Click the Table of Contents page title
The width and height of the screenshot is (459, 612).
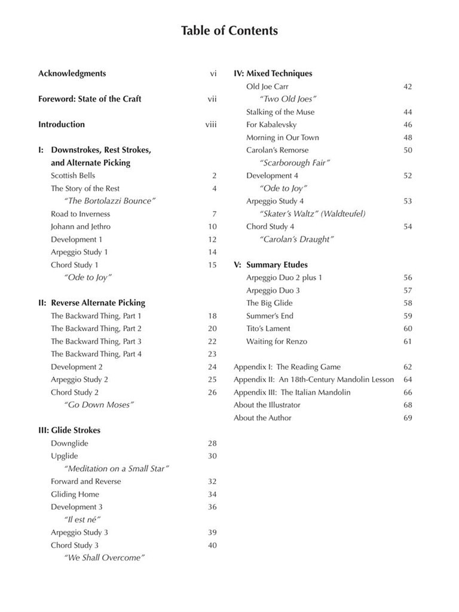[229, 30]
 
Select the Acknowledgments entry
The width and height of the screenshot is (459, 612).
[72, 74]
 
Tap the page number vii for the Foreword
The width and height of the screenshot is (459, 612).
[212, 99]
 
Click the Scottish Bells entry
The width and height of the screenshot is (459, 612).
[73, 176]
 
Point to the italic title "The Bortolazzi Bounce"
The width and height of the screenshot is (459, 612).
[109, 201]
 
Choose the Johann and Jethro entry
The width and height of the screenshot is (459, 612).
[81, 227]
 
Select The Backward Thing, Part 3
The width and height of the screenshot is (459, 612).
[96, 341]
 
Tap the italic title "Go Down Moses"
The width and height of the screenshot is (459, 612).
[99, 405]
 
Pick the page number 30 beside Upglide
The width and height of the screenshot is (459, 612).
[212, 456]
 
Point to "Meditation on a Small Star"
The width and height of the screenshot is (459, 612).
[117, 469]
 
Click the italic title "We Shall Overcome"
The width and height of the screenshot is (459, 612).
[105, 558]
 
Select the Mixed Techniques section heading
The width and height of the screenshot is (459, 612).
[273, 74]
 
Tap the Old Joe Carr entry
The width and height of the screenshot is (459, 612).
[267, 87]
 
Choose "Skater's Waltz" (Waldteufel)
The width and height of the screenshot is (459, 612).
[313, 213]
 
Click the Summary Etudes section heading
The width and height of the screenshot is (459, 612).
[271, 265]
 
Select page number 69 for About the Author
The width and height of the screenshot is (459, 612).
[408, 418]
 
